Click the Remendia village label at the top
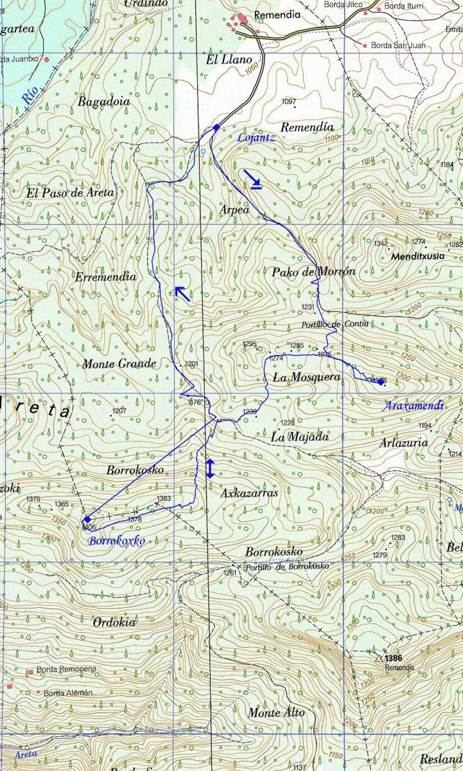coord(277,15)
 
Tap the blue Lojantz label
coord(256,137)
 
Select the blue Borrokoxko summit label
coord(117,540)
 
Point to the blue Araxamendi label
coord(414,406)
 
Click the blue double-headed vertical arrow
coord(209,468)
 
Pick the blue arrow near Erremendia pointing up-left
coord(183,294)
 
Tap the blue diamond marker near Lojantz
coord(216,127)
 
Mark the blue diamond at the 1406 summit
coord(87,519)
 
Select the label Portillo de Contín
coord(334,324)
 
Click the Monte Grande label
coord(119,364)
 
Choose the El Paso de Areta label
coord(70,192)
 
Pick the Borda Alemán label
coord(68,693)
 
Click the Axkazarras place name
coord(249,493)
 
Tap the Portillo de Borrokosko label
coord(287,566)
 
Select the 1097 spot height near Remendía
coord(289,102)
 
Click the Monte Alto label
coord(276,713)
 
